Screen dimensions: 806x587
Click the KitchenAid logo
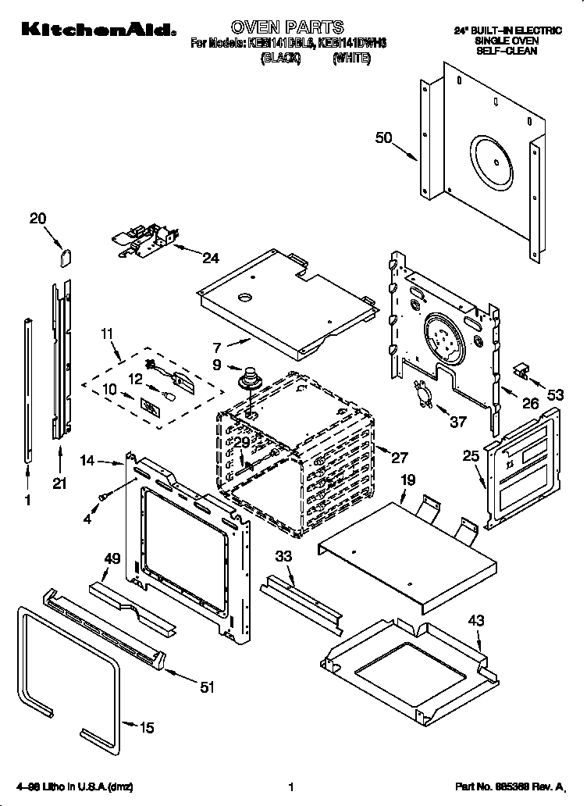click(98, 30)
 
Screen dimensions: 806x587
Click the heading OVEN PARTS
click(287, 28)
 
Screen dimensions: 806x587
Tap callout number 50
click(383, 138)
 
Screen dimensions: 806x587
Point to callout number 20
click(38, 219)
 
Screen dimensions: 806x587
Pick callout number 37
click(457, 422)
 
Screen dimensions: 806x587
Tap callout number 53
click(555, 395)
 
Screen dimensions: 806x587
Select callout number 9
click(216, 364)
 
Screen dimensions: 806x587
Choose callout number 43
click(475, 622)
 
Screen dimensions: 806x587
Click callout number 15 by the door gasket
click(146, 728)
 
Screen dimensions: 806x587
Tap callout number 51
click(207, 687)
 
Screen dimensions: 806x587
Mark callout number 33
click(284, 558)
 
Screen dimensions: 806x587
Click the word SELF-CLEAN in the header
click(507, 50)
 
